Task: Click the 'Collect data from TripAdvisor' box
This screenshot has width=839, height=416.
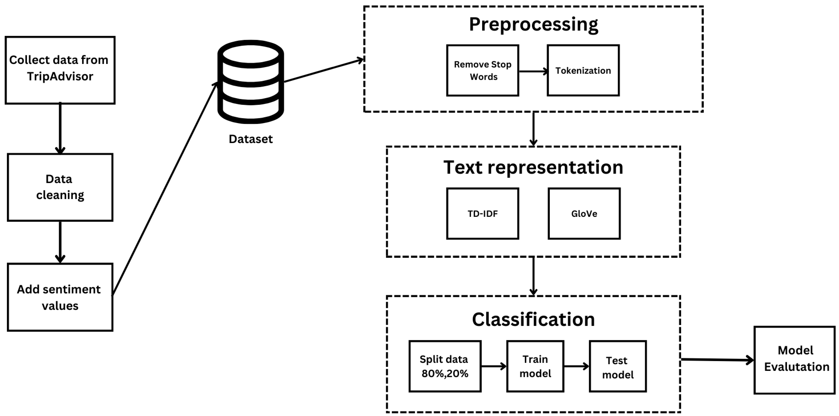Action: (60, 70)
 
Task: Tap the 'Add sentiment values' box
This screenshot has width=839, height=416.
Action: (60, 297)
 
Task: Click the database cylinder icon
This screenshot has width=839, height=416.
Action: (251, 82)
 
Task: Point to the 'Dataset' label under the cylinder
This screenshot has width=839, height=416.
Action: (251, 139)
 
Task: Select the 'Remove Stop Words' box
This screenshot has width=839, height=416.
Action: (482, 70)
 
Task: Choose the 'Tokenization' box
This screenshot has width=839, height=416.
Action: (583, 70)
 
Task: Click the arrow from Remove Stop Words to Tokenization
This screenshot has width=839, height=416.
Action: (533, 71)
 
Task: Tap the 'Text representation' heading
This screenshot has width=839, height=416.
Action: (533, 167)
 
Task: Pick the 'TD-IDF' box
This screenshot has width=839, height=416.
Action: (482, 213)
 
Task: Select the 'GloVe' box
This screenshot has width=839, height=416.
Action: (584, 213)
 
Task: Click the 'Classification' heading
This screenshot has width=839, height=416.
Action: (533, 319)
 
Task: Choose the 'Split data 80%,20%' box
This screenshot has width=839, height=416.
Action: (445, 366)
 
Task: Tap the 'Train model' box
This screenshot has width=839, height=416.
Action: (535, 366)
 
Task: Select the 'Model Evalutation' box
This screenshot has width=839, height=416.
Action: (795, 360)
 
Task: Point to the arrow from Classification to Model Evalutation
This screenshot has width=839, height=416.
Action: (717, 360)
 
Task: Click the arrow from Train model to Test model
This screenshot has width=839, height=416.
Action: (576, 367)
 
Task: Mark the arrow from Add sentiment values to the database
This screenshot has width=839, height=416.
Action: (164, 189)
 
